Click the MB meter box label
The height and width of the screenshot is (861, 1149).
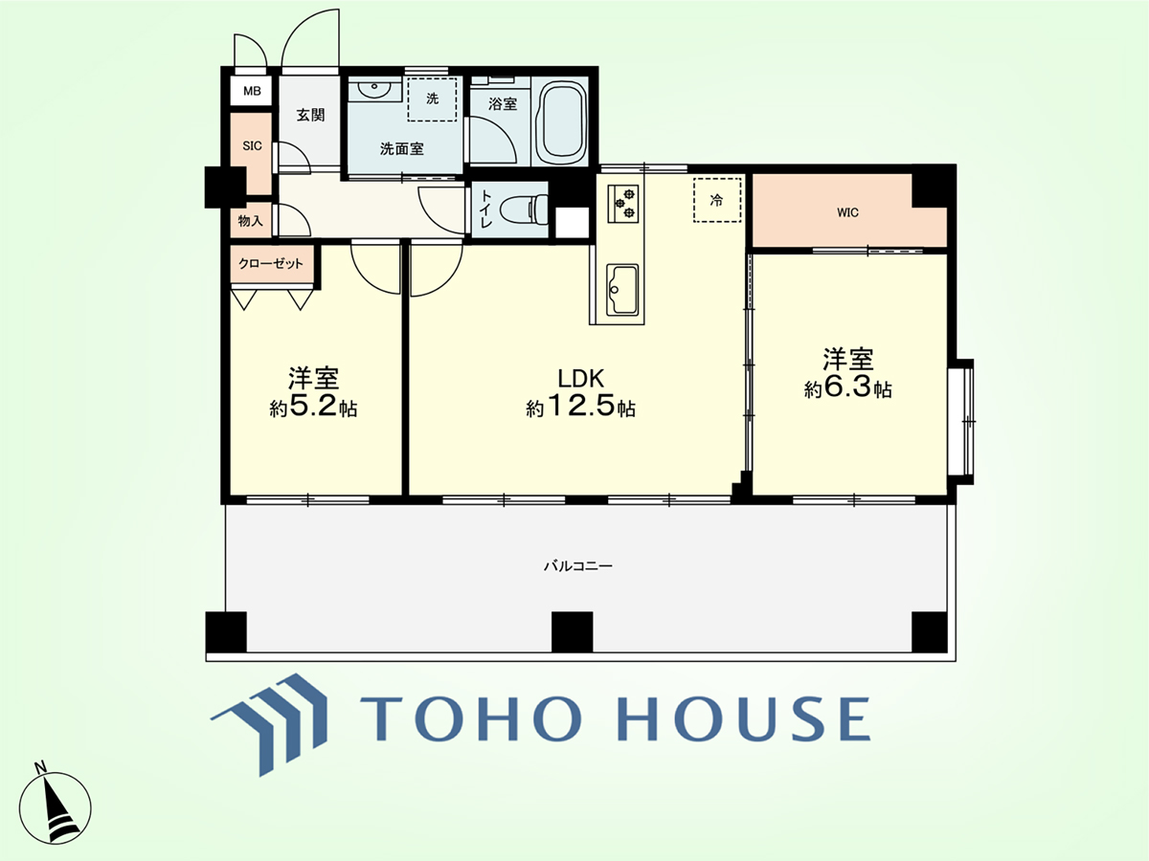coord(252,91)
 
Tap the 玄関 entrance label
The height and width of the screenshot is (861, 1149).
coord(310,115)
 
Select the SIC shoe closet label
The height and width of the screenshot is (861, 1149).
coord(252,145)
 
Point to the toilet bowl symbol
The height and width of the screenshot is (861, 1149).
coord(524,210)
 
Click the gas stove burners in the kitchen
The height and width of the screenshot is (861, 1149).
coord(623,204)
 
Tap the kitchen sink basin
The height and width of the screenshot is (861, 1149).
coord(622,289)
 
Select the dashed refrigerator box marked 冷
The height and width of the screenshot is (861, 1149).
coord(717,200)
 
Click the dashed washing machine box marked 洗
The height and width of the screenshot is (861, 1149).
coord(432,99)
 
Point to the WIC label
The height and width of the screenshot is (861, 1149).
coord(847,212)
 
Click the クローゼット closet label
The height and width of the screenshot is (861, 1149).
coord(271,263)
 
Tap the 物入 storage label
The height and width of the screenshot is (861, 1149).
coord(250,221)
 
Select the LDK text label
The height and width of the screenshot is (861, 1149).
coord(581,379)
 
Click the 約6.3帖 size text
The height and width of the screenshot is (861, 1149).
coord(848,387)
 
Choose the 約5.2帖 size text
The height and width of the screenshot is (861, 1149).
coord(313,408)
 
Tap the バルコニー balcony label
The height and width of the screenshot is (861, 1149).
coord(578,566)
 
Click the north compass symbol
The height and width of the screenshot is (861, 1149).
coord(55,807)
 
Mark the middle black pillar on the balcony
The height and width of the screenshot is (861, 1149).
coord(573,631)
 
